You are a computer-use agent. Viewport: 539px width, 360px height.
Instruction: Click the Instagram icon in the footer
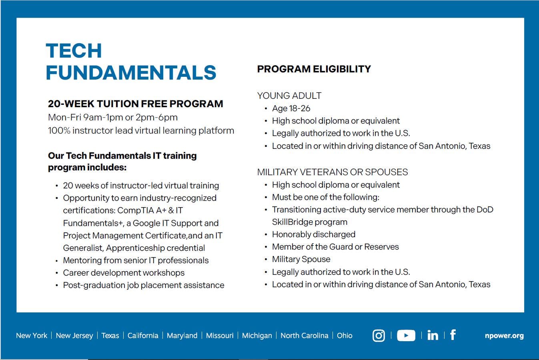(x=379, y=335)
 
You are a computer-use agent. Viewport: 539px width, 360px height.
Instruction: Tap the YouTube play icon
(x=406, y=335)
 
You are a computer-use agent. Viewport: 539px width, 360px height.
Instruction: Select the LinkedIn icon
(x=433, y=335)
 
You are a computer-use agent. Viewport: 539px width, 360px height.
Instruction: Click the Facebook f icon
(x=453, y=334)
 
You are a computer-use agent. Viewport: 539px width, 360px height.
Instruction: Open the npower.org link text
(x=504, y=336)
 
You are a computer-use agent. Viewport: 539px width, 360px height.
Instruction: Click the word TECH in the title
(x=74, y=51)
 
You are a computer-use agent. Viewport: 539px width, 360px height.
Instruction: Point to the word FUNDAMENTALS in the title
(x=131, y=72)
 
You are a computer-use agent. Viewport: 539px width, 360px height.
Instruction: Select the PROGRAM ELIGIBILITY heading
(x=314, y=69)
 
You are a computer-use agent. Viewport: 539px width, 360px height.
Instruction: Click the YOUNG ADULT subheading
(x=289, y=96)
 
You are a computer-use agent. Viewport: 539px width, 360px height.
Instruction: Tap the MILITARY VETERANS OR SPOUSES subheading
(x=333, y=172)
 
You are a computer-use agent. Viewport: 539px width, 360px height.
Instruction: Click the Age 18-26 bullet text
(x=291, y=108)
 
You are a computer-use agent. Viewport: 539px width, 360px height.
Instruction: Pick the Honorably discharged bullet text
(x=314, y=234)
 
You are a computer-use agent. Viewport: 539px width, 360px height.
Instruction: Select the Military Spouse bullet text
(x=301, y=259)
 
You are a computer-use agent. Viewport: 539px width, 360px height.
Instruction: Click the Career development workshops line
(x=124, y=273)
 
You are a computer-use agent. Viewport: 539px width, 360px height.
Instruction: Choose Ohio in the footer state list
(x=345, y=336)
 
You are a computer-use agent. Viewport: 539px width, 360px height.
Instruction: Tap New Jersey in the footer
(x=74, y=336)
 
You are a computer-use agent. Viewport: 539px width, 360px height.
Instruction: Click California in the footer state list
(x=143, y=336)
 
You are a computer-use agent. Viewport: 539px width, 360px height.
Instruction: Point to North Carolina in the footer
(x=305, y=336)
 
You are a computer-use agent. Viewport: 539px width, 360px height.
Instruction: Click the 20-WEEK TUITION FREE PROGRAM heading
(x=136, y=104)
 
